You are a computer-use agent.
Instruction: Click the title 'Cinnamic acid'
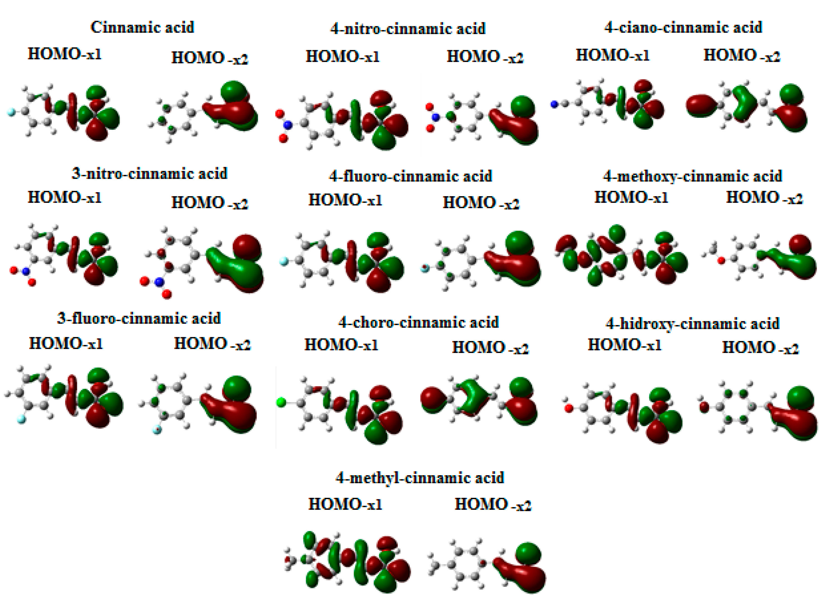tap(142, 27)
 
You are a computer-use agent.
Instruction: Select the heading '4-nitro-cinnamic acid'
tap(408, 29)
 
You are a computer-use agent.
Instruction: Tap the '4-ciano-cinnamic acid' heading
tap(683, 28)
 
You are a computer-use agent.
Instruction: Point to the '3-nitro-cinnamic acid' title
tap(149, 174)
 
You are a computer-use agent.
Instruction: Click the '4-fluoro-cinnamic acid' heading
tap(411, 176)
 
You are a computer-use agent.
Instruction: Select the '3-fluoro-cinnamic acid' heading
tap(139, 318)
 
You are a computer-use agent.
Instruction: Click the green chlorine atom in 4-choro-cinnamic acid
tap(281, 402)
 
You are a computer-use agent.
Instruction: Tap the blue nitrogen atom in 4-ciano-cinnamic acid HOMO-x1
tap(554, 104)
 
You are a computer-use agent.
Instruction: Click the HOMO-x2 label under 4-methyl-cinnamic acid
tap(493, 505)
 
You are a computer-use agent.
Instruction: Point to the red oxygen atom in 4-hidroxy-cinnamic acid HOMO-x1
tap(568, 408)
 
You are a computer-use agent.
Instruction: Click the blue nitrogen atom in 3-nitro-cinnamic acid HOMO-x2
tap(159, 282)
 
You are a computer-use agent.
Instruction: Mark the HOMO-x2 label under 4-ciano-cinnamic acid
tap(742, 56)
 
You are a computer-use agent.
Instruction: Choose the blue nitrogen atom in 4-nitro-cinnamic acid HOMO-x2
tap(435, 117)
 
